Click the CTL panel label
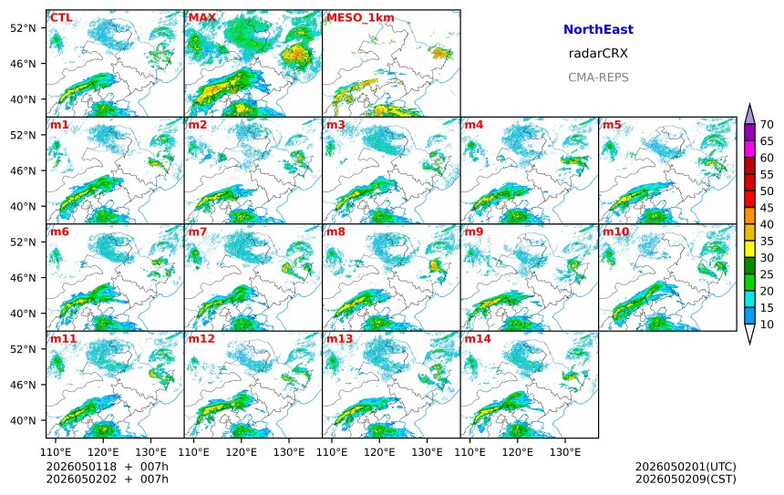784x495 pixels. click(x=61, y=18)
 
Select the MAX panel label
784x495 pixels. click(x=202, y=18)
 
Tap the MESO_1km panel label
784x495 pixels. click(x=360, y=18)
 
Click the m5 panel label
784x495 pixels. click(x=612, y=125)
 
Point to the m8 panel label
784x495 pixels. click(x=335, y=232)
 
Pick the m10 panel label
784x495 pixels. click(x=615, y=232)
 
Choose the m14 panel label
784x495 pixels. click(x=478, y=339)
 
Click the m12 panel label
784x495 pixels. click(x=201, y=339)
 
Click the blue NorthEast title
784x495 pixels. click(x=598, y=29)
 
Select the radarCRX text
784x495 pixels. click(x=598, y=54)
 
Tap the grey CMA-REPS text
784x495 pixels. click(x=598, y=77)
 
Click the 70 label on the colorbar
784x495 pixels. click(x=767, y=125)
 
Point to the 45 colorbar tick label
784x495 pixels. click(x=767, y=208)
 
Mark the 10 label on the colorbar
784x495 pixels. click(x=767, y=325)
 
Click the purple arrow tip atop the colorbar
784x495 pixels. click(x=749, y=104)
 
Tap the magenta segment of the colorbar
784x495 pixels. click(x=749, y=150)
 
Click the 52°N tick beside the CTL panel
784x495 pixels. click(x=24, y=28)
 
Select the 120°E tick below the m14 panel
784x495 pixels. click(x=517, y=452)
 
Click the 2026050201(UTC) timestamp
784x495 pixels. click(x=686, y=467)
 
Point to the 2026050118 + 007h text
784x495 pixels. click(x=107, y=467)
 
